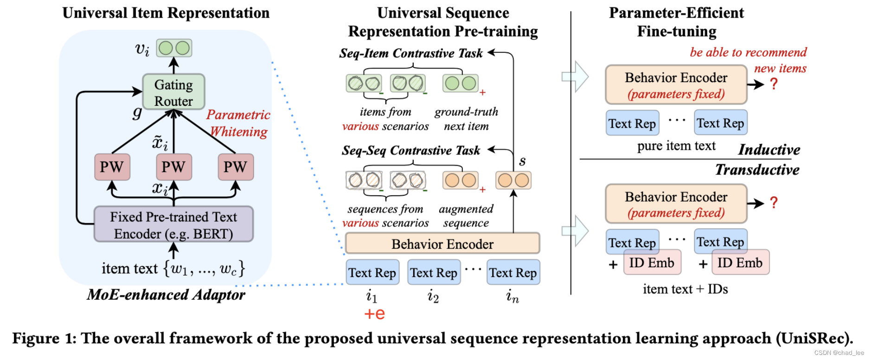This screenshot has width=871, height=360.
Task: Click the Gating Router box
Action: coord(173,92)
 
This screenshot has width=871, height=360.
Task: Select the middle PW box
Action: coord(173,167)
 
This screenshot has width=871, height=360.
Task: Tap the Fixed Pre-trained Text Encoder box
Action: coord(173,225)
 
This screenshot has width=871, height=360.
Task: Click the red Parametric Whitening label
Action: coord(238,123)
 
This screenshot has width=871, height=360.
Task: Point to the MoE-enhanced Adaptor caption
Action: coord(166,295)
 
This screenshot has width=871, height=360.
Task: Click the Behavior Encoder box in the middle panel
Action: coord(442,244)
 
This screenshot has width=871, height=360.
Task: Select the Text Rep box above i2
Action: coord(434,273)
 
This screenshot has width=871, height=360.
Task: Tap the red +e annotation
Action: coord(375,314)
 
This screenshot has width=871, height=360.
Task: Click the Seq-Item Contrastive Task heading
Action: coord(411,53)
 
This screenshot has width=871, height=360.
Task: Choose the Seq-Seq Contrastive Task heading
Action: coord(411,150)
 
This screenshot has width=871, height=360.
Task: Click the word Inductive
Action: coord(769,149)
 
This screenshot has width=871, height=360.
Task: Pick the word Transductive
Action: coord(757,170)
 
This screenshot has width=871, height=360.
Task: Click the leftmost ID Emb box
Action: coord(652,263)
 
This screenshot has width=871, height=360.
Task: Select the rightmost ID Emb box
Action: coord(740,263)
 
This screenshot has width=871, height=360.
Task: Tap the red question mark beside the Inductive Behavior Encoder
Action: coord(774,84)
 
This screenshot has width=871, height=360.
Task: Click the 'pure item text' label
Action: coord(676,146)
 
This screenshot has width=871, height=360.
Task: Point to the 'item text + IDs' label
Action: coord(685,289)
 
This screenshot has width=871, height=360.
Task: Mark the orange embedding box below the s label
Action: coord(513,180)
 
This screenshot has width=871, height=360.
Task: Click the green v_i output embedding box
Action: coord(174,48)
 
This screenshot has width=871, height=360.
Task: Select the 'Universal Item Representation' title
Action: coord(166,13)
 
